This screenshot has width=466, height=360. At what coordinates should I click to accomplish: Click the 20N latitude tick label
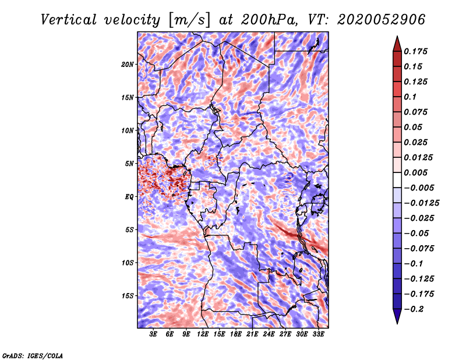pos(127,65)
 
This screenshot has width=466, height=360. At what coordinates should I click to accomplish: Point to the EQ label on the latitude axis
pos(129,197)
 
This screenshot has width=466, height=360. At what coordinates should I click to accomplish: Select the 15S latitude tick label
pos(128,296)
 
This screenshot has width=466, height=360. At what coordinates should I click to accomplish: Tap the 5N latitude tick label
pos(129,164)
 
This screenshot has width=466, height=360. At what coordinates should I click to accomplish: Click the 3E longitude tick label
pos(153,334)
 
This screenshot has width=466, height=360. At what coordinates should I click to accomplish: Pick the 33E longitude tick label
pos(318,334)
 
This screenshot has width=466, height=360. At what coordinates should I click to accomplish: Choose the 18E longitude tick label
pos(236,334)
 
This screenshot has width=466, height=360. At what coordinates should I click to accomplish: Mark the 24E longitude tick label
pos(269,334)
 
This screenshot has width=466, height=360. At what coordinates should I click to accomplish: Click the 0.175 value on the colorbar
pos(415,51)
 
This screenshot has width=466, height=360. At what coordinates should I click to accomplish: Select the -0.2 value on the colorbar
pos(414,309)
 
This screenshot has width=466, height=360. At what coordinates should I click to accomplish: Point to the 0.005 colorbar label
pos(415,172)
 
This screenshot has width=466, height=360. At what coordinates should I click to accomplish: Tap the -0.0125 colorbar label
pos(421,203)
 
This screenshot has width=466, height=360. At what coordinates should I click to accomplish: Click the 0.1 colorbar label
pos(410,97)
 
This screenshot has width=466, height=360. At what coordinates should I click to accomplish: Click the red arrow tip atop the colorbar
pos(397,37)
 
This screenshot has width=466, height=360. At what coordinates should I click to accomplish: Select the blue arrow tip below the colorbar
pos(397,323)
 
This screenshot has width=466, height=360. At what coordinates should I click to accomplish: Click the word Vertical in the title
pos(69,20)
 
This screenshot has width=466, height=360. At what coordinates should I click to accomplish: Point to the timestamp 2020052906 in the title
pos(382,20)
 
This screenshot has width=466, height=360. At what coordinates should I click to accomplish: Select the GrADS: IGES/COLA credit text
pos(33,356)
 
